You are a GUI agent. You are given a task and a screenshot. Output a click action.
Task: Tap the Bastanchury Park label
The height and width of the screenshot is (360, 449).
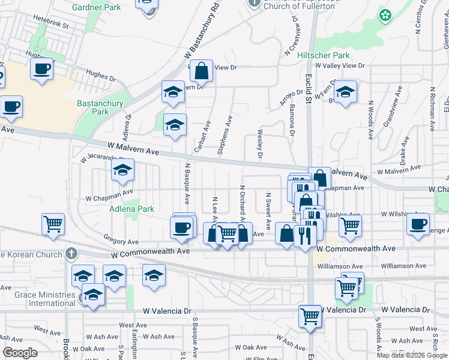(x=100, y=107)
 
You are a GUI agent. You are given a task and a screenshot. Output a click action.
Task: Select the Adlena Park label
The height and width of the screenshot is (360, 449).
(x=131, y=209)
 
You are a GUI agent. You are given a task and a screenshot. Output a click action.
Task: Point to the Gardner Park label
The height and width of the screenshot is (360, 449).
(x=96, y=7)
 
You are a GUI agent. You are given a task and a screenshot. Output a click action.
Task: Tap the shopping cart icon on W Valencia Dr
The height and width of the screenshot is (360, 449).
(x=310, y=316)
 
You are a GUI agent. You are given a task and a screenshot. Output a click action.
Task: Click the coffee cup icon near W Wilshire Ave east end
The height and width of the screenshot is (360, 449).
(x=418, y=224)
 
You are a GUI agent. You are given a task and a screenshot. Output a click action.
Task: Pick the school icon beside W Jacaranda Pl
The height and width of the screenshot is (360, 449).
(x=122, y=170)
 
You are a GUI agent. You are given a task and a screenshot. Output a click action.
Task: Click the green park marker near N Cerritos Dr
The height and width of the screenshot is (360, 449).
(x=384, y=15)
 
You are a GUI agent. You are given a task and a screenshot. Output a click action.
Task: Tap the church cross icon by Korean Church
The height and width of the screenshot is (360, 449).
(x=71, y=254)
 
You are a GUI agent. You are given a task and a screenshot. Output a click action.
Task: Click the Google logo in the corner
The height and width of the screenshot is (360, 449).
(x=19, y=353)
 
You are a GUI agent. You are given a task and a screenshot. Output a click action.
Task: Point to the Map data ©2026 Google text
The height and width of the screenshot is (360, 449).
(x=412, y=355)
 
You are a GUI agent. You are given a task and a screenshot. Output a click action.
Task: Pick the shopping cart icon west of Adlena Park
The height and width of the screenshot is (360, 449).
(x=53, y=224)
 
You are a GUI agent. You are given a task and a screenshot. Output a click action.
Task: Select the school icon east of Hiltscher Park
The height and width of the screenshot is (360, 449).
(x=345, y=92)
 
